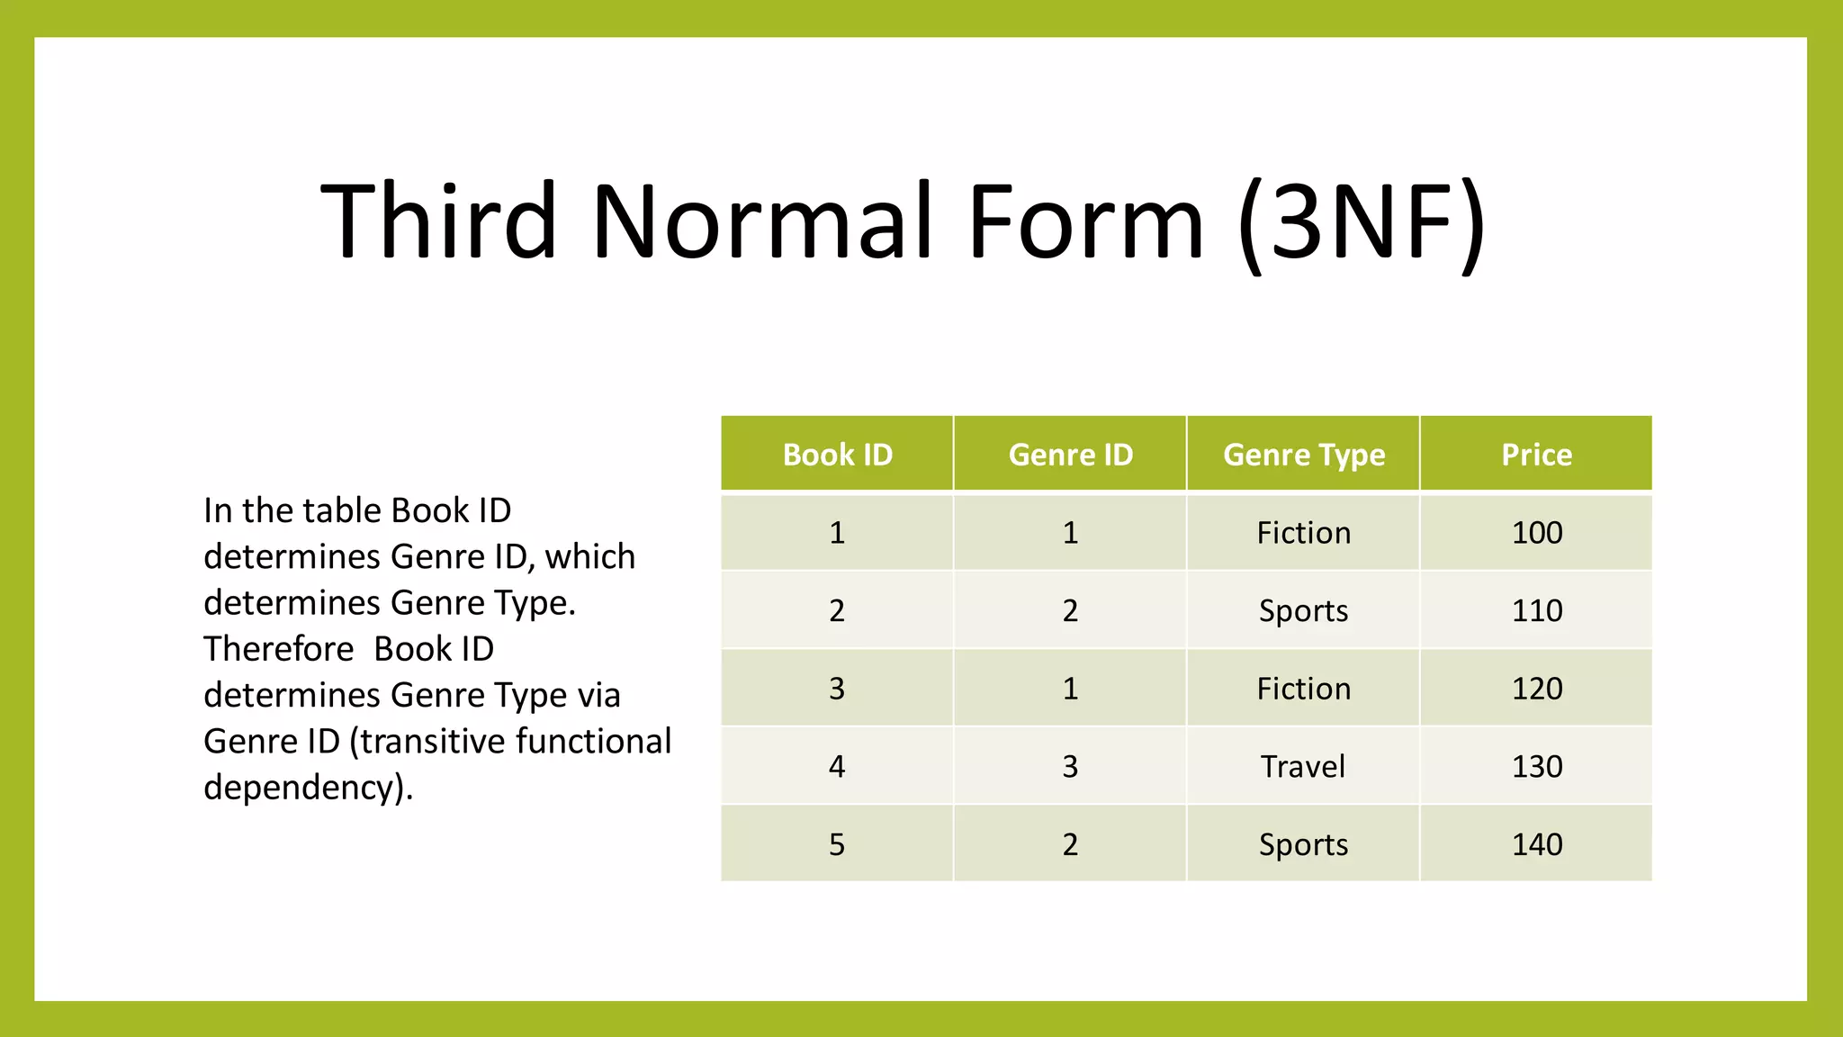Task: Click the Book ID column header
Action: tap(837, 455)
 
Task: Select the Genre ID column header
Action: tap(1070, 455)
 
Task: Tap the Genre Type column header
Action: tap(1303, 455)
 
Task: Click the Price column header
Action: tap(1536, 455)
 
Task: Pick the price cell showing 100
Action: tap(1536, 533)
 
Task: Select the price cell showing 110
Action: tap(1536, 611)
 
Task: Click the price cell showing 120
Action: tap(1536, 689)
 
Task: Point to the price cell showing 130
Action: tap(1536, 767)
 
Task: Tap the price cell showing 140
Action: tap(1536, 844)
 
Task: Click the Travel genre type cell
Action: tap(1303, 767)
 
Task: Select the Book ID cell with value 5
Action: tap(837, 844)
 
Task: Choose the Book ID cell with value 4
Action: tap(837, 767)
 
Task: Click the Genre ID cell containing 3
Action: tap(1070, 767)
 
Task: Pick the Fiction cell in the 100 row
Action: tap(1303, 533)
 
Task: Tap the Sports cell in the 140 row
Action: tap(1303, 844)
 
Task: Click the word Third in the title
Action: tap(438, 221)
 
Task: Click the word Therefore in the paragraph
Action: tap(278, 649)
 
